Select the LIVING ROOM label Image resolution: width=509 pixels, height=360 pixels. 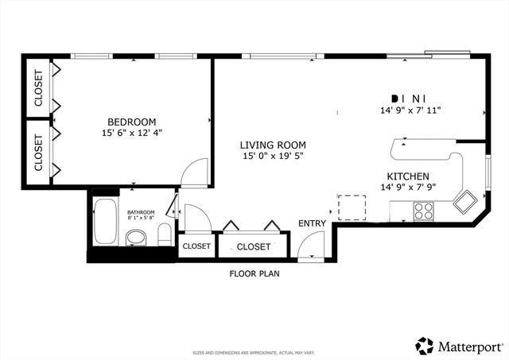click(274, 145)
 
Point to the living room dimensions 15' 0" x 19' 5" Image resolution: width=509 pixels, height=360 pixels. click(274, 157)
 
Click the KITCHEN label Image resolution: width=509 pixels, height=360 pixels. click(409, 176)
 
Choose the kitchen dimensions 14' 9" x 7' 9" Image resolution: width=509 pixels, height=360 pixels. click(409, 188)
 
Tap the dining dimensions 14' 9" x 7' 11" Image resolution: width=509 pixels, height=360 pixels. click(410, 111)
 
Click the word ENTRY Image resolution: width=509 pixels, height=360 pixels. click(312, 223)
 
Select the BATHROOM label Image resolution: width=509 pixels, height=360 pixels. click(141, 212)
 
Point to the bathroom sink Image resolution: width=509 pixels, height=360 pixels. click(137, 237)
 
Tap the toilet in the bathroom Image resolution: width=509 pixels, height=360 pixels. click(163, 234)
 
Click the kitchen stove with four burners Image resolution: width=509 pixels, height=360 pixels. click(423, 211)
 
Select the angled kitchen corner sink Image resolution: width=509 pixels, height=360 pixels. click(463, 201)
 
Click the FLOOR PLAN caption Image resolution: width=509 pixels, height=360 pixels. click(254, 273)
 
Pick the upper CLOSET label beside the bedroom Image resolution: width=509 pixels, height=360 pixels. click(39, 88)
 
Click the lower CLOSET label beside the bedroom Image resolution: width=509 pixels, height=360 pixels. click(39, 152)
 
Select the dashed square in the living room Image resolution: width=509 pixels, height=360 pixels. click(352, 207)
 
